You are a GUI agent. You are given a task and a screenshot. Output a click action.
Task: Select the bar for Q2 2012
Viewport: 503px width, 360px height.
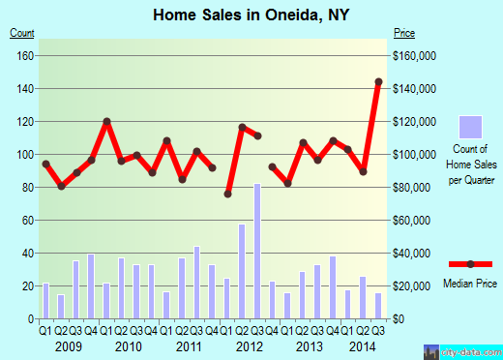242,272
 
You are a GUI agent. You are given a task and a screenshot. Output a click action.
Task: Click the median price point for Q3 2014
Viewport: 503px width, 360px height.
378,81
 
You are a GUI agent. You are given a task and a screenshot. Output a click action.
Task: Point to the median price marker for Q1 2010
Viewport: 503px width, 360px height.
106,121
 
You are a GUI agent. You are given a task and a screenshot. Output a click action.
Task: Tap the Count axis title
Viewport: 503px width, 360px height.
22,34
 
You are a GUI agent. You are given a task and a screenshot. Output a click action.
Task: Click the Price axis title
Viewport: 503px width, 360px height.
404,34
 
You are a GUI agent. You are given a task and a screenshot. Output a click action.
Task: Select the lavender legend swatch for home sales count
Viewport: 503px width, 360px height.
470,128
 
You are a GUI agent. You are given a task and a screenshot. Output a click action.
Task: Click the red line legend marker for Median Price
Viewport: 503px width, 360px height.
470,263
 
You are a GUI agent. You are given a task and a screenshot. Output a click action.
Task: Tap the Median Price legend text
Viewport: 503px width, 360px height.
469,284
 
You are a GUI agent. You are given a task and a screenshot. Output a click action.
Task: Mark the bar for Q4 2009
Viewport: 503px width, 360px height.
91,286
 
